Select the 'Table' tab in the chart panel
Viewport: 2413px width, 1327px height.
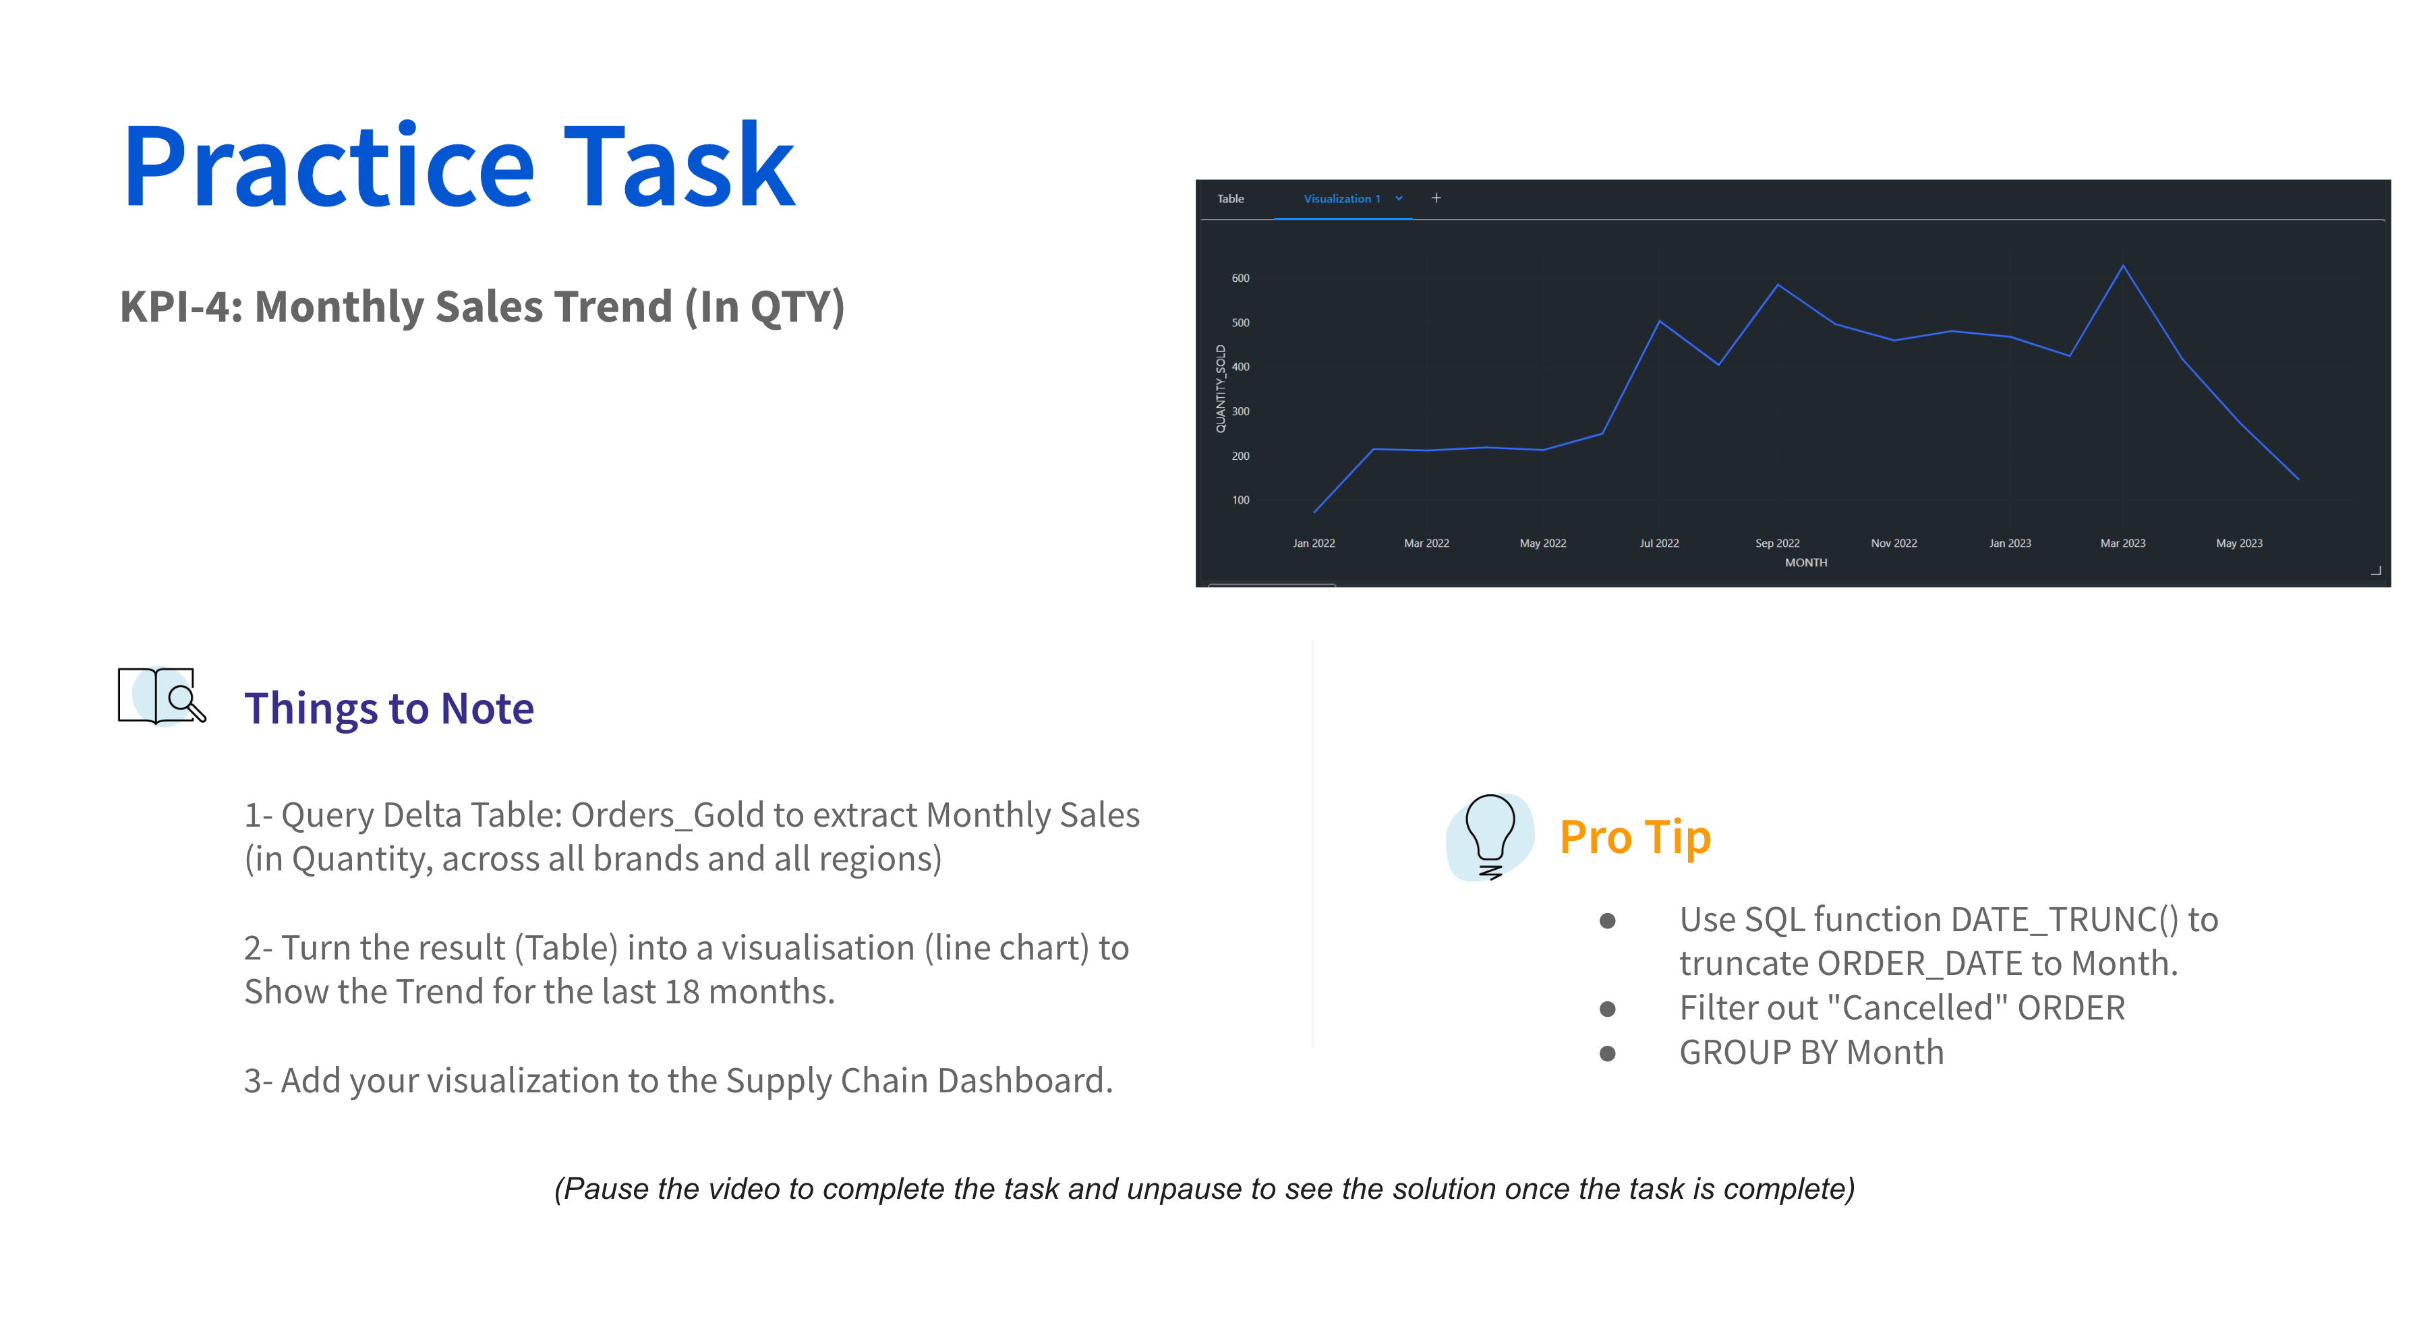pyautogui.click(x=1230, y=198)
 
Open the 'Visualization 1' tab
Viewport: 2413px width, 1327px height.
pyautogui.click(x=1341, y=198)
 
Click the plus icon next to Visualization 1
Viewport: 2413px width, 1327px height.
pyautogui.click(x=1436, y=198)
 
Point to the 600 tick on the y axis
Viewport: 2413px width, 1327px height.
pyautogui.click(x=1240, y=278)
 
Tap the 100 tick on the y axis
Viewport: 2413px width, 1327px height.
pyautogui.click(x=1240, y=500)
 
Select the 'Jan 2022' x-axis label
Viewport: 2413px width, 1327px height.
pyautogui.click(x=1313, y=543)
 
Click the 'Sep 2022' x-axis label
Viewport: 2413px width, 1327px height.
pyautogui.click(x=1777, y=543)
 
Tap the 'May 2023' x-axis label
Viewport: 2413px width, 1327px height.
pyautogui.click(x=2239, y=543)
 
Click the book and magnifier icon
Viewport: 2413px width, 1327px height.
pyautogui.click(x=161, y=696)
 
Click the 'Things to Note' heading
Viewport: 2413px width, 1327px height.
pyautogui.click(x=388, y=709)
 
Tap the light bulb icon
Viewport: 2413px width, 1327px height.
pyautogui.click(x=1489, y=836)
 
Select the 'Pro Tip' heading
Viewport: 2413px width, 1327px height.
pyautogui.click(x=1635, y=836)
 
